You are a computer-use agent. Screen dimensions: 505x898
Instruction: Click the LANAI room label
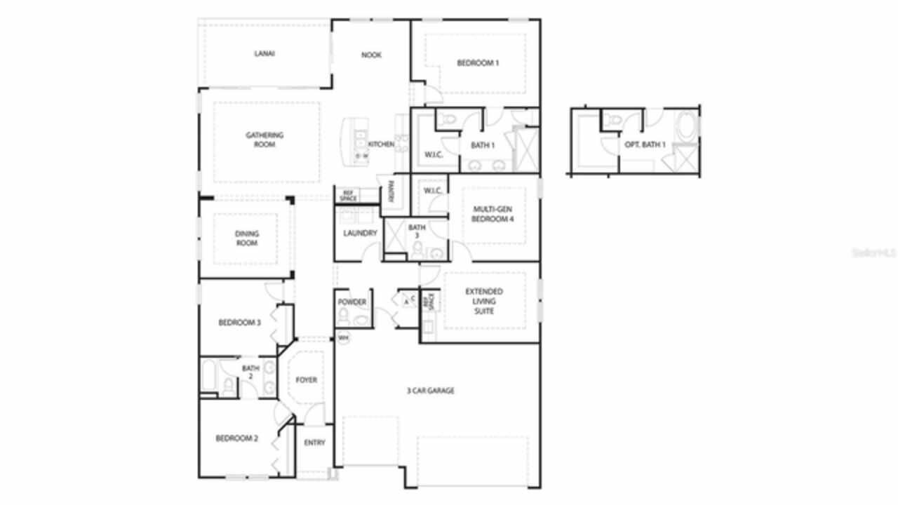point(264,53)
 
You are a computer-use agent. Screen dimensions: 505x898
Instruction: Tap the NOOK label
point(371,55)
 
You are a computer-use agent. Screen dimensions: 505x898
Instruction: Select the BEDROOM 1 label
point(478,63)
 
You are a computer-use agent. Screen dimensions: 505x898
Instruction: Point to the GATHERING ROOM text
point(264,140)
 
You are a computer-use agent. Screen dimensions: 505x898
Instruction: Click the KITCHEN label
point(381,144)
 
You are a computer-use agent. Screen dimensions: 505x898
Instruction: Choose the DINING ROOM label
point(246,238)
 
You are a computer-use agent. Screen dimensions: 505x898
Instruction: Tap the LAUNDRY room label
point(361,234)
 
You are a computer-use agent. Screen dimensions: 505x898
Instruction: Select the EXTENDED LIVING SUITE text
point(484,301)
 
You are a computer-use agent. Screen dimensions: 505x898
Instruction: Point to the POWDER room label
point(352,302)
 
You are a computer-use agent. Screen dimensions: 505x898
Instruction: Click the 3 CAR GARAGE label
point(431,391)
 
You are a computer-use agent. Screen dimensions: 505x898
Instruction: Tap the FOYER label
point(306,380)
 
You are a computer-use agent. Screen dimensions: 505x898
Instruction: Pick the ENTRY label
point(314,443)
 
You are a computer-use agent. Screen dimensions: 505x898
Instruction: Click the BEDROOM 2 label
point(237,439)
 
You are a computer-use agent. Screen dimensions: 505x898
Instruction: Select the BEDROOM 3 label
point(240,323)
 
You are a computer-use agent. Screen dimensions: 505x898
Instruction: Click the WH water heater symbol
point(344,338)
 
